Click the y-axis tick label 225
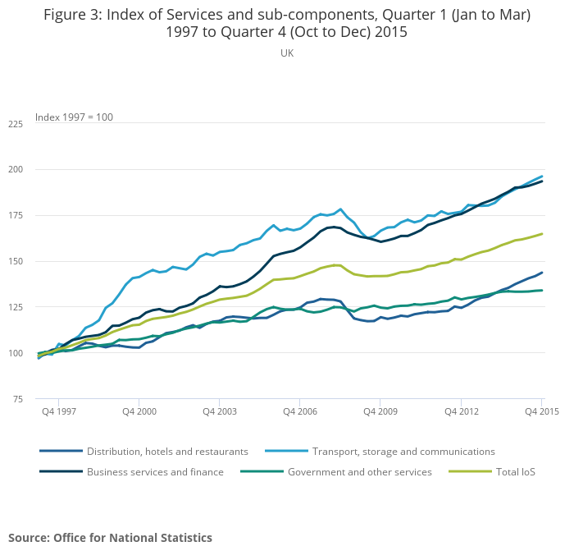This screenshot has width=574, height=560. [x=15, y=124]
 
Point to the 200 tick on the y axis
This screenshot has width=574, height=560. [x=15, y=170]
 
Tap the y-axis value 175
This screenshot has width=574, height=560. [x=15, y=216]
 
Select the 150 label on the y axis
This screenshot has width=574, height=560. [x=15, y=262]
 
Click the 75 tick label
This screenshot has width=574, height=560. [x=17, y=399]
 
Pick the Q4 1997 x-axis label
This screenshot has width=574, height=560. [x=59, y=411]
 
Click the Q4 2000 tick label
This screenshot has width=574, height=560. [x=140, y=411]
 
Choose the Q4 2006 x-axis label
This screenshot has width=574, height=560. [x=301, y=411]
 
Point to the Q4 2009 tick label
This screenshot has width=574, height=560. [x=381, y=411]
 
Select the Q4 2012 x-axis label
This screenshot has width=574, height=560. [x=462, y=411]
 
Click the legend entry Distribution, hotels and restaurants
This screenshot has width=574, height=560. [x=167, y=452]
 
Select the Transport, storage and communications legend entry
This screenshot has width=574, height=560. [x=403, y=452]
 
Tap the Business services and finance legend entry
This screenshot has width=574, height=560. [x=155, y=472]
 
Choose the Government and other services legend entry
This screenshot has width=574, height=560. [x=359, y=472]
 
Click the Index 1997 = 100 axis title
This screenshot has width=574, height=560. [x=74, y=117]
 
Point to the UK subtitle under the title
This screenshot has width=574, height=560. [x=287, y=53]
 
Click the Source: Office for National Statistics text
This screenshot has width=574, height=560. [x=110, y=538]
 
